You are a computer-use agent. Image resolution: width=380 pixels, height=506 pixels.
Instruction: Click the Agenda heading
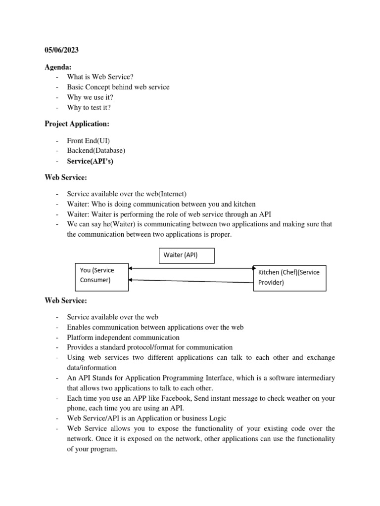[59, 67]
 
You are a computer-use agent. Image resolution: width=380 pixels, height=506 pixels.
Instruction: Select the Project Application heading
[77, 124]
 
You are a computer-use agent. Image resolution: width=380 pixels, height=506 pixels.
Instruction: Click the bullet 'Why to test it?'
[93, 107]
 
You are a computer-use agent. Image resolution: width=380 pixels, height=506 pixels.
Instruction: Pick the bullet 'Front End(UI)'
[89, 140]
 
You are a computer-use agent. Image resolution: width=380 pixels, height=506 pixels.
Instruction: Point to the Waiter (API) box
[187, 255]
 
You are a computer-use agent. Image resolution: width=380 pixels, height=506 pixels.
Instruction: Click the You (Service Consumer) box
[101, 275]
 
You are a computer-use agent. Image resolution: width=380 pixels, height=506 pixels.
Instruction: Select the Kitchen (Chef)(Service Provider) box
[289, 277]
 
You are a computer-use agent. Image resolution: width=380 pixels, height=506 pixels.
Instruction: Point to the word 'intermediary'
[315, 378]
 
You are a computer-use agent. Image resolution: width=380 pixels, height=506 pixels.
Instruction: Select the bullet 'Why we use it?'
[94, 97]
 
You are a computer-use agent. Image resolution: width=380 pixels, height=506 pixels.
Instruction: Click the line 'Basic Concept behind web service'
[118, 87]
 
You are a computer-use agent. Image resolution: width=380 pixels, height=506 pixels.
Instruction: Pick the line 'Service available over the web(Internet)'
[127, 194]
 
